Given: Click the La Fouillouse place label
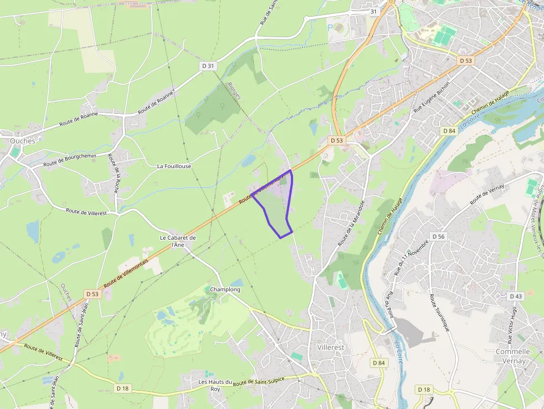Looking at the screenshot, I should point(174,166).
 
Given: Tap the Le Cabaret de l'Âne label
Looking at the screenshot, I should point(178,241).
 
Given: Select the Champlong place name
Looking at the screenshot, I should point(225,290).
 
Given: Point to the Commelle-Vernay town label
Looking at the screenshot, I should point(513,356).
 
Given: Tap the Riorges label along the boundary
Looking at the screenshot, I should point(234,92).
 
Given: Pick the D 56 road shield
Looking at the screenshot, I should point(438,236).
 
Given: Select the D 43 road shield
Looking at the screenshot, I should point(516,296).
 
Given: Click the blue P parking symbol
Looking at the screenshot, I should point(330,27).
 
